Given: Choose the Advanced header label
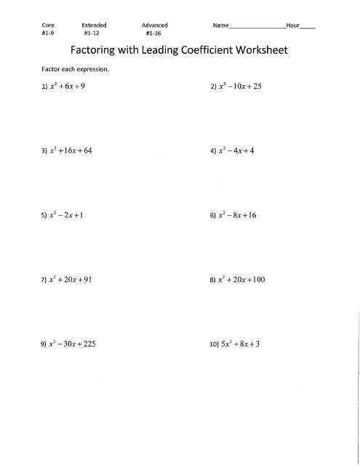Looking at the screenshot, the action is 153,25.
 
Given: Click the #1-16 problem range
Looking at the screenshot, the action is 153,33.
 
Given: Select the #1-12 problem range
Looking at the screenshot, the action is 92,33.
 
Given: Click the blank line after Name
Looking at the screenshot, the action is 258,27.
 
